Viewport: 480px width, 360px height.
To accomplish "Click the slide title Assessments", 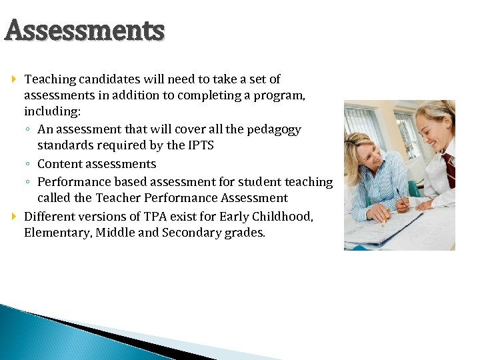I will click(x=84, y=31).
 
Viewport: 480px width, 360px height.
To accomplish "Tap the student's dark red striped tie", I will click(x=450, y=169).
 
